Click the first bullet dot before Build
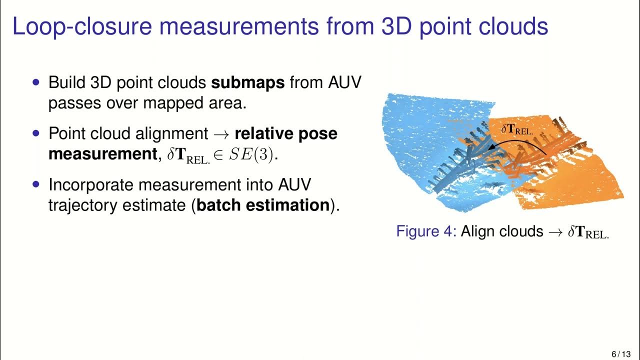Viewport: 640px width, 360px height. pos(35,81)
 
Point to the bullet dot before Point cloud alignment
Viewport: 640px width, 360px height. pos(35,133)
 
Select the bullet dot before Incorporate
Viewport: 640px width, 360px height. pos(35,184)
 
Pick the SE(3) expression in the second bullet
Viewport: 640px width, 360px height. pos(252,155)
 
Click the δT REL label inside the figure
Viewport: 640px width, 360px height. pos(517,129)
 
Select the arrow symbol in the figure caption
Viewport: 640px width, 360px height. pos(555,232)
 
